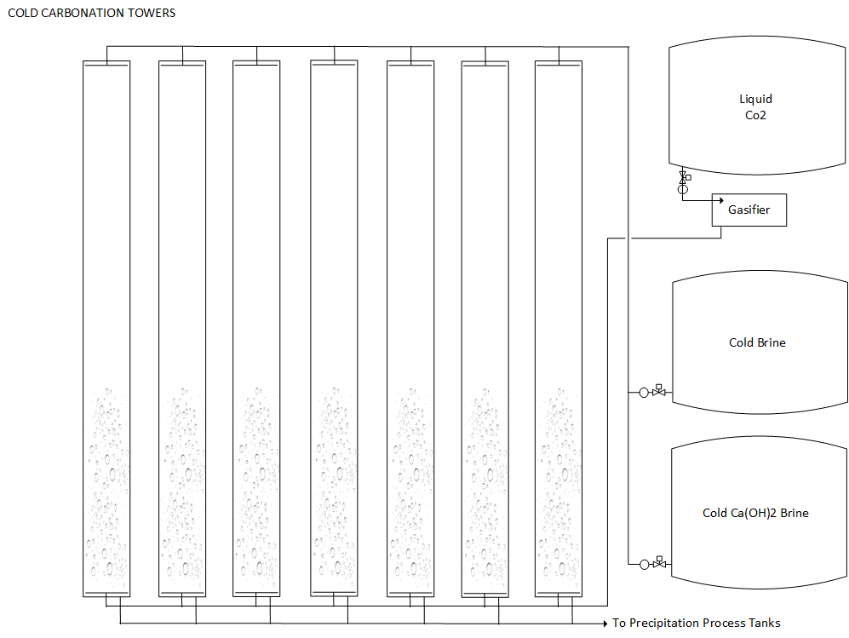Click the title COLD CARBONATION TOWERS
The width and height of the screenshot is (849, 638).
click(91, 13)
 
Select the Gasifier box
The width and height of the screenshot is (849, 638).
click(749, 210)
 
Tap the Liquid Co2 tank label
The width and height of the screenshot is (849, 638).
click(755, 107)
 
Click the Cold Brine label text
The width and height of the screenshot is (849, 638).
click(757, 342)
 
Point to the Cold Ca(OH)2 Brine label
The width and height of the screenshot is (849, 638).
click(755, 513)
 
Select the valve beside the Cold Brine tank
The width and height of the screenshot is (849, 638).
click(658, 392)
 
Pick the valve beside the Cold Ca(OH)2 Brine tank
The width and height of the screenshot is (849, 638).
click(658, 563)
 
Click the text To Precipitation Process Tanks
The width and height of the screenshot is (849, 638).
click(696, 623)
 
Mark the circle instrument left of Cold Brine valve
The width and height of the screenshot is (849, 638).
click(643, 392)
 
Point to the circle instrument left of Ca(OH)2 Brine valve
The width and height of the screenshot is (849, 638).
click(643, 563)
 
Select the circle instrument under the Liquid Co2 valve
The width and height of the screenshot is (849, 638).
click(682, 189)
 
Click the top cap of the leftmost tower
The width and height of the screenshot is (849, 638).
click(106, 63)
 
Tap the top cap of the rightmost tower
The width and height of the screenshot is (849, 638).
click(558, 63)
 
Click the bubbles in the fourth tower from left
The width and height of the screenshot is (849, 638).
click(334, 486)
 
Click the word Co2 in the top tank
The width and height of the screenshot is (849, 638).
click(755, 115)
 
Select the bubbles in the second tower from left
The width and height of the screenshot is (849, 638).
click(182, 486)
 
